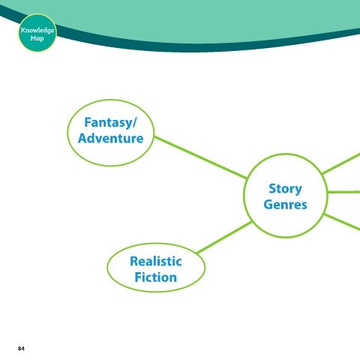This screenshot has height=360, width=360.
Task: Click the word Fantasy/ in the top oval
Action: tap(110, 123)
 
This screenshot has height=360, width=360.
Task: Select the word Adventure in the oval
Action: tap(111, 138)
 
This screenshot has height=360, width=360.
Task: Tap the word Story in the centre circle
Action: tap(285, 189)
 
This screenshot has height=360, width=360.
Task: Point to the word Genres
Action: tap(285, 205)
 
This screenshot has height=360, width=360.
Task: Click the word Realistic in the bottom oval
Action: tap(156, 262)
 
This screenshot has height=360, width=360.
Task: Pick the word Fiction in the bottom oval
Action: tap(156, 277)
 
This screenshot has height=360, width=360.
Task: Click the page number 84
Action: tap(21, 349)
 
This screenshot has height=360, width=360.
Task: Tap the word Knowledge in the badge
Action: tap(37, 31)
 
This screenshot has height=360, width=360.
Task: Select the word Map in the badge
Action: tap(37, 38)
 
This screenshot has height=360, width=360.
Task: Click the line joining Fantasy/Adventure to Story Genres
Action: tap(200, 157)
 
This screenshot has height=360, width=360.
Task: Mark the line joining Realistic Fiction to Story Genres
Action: tap(224, 237)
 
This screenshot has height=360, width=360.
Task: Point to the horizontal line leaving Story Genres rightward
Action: tap(343, 192)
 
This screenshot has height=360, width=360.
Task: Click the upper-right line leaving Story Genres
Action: tap(341, 163)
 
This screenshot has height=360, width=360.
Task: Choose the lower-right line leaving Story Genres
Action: tap(342, 222)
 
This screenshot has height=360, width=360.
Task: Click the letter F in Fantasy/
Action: tap(88, 122)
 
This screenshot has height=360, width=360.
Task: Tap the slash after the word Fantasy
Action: tap(134, 123)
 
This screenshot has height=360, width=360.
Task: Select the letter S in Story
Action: tap(272, 189)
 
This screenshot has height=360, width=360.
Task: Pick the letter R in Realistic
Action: tap(134, 262)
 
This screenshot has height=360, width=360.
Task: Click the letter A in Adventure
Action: tap(82, 138)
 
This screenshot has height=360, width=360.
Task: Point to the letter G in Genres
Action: tap(268, 205)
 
